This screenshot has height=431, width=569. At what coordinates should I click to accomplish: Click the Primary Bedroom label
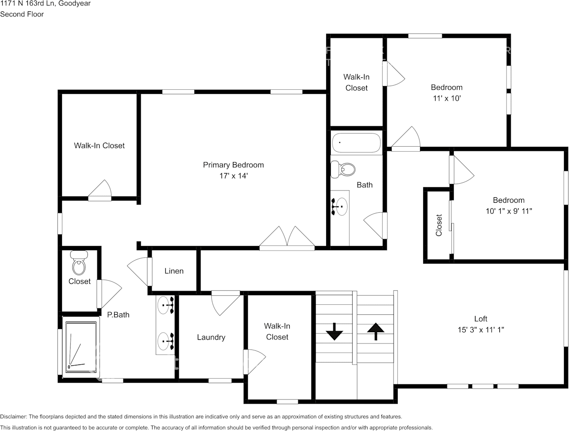point(233,165)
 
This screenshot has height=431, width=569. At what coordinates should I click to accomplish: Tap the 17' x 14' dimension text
point(233,176)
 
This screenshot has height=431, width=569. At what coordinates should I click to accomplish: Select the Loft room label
point(481,319)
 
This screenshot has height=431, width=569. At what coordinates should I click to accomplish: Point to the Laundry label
point(211,338)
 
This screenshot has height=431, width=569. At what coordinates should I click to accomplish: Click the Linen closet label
point(174,271)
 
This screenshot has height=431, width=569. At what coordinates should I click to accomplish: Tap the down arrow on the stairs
point(335,332)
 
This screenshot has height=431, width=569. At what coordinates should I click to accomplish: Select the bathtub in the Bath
point(356,143)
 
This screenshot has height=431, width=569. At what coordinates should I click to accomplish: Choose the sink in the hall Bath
point(339,207)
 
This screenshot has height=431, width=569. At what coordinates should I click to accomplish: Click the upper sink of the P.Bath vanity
point(165,305)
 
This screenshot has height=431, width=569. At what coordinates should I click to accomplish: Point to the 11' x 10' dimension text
point(446,98)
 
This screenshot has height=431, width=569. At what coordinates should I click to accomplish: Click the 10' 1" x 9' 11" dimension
point(508,211)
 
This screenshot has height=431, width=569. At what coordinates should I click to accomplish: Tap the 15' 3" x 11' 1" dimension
point(481,330)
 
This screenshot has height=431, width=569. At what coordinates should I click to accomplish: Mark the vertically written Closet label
point(439,225)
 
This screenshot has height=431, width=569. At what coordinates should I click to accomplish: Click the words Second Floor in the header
point(22,14)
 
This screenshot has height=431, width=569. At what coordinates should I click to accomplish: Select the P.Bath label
point(118,314)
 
